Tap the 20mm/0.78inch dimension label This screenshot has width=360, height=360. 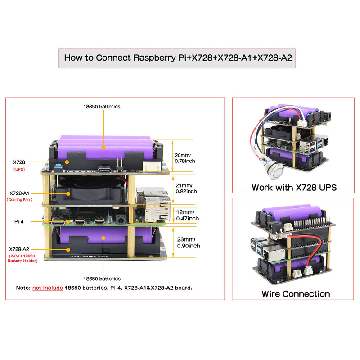(x=185, y=158)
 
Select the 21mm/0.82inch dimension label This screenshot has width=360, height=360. (x=186, y=188)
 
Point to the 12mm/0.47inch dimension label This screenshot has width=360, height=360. (x=188, y=216)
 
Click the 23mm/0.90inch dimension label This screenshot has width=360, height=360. (x=189, y=243)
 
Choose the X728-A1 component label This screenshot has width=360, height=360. (x=19, y=193)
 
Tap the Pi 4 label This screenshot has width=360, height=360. (x=19, y=221)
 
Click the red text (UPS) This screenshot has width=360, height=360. (x=19, y=169)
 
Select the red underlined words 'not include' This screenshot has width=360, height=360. (x=48, y=288)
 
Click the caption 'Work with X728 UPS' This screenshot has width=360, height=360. (x=294, y=188)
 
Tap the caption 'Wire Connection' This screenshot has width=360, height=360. (x=296, y=294)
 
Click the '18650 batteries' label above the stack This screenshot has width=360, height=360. (x=102, y=107)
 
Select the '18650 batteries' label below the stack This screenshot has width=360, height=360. (x=102, y=279)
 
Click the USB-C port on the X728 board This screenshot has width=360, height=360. (x=104, y=171)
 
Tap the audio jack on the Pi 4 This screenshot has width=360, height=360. (x=121, y=220)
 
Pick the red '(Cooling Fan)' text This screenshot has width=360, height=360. (x=19, y=200)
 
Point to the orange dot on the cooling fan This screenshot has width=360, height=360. (x=68, y=193)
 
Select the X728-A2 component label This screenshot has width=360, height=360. (x=19, y=249)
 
